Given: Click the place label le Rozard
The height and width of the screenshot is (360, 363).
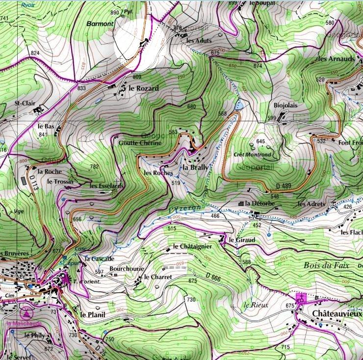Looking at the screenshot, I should coord(144,88).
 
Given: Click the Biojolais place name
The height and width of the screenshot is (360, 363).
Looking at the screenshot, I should coord(285,105).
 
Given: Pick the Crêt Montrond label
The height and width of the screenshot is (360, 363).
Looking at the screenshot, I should coord(253,154).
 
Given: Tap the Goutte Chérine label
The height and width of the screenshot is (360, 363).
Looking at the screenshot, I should coord(140,143).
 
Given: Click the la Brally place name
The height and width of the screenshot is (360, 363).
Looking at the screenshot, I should coord(195,167).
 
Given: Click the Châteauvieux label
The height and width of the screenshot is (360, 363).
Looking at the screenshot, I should coord(337,314).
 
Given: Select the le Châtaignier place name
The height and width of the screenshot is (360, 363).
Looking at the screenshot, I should coord(192,246).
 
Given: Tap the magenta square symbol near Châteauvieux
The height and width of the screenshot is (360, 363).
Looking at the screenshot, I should coord(301,298).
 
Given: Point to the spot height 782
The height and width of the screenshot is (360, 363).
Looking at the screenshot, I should coord(94,167).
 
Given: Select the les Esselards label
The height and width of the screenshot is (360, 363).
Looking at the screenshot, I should coord(106,186).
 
